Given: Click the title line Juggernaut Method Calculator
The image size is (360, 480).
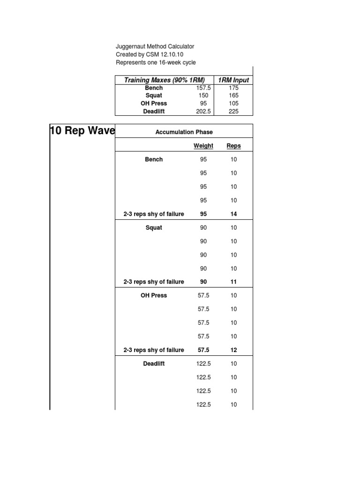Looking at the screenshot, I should (155, 46).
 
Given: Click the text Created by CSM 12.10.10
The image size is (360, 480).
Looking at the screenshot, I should (150, 54).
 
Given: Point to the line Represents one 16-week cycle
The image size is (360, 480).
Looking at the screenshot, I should (156, 62).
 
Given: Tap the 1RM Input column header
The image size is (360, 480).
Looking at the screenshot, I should (233, 80).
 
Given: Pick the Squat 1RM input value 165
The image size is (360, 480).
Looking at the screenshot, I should (233, 96).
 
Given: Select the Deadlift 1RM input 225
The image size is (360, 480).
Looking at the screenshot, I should (233, 112).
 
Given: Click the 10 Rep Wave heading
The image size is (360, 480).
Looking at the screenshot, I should (82, 131).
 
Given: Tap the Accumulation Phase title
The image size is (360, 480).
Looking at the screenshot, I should (184, 132).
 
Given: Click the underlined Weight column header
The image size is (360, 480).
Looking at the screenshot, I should (203, 146).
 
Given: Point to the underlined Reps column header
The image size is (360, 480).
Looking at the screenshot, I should (233, 146).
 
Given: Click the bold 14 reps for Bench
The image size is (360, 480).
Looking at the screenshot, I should (233, 214).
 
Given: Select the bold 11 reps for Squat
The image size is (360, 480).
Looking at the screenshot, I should (233, 282).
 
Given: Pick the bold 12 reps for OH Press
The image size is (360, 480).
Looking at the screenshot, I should (233, 350).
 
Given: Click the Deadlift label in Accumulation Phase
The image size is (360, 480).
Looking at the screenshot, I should (154, 364).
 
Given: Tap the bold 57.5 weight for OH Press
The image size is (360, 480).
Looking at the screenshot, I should (203, 350).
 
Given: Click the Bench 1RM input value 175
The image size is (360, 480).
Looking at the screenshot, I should (233, 88).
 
